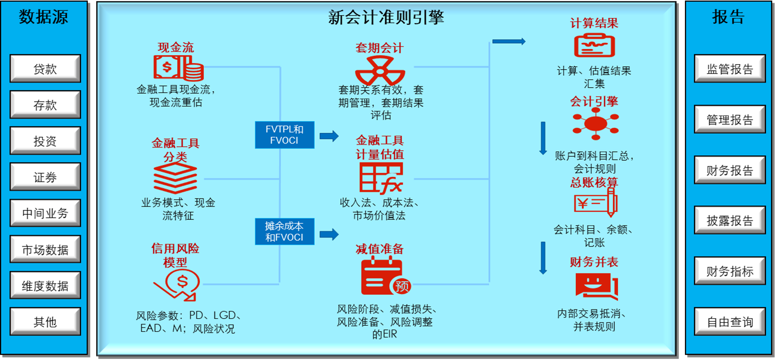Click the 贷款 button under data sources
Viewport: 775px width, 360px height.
[x=45, y=69]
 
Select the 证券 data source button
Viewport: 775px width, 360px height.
[x=45, y=177]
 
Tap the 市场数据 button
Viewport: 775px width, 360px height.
[x=45, y=250]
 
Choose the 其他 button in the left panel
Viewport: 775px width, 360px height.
[x=45, y=322]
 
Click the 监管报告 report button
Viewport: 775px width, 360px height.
[x=729, y=69]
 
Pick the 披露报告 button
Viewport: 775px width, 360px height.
[x=729, y=221]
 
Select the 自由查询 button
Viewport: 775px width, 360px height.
[x=729, y=322]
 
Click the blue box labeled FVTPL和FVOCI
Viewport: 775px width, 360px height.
[x=284, y=134]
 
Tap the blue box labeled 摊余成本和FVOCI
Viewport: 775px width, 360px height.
[x=284, y=232]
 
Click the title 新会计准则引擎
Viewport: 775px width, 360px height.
[x=386, y=17]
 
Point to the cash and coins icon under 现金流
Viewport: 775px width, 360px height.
[x=178, y=68]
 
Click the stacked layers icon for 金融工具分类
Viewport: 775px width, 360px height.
[x=175, y=179]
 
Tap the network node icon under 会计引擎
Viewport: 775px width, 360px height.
[x=595, y=123]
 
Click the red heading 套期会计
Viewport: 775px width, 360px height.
[x=379, y=48]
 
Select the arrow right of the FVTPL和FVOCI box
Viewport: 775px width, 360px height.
[x=329, y=136]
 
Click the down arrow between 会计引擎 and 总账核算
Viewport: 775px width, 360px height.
[x=543, y=138]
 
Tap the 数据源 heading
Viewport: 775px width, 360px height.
[x=44, y=17]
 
